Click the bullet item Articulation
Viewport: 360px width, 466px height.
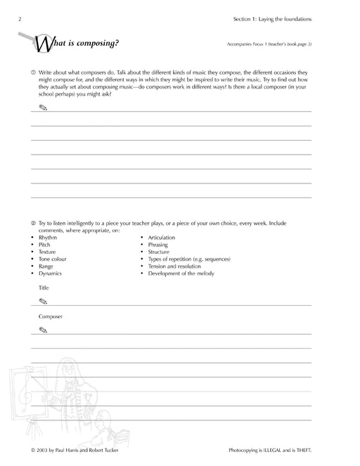coord(162,238)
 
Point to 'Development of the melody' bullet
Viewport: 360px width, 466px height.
coord(182,273)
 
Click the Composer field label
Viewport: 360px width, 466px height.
coord(51,316)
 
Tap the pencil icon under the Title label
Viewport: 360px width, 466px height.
coord(43,301)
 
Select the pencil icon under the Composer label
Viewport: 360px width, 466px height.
coord(43,329)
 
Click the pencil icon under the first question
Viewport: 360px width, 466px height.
coord(43,108)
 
